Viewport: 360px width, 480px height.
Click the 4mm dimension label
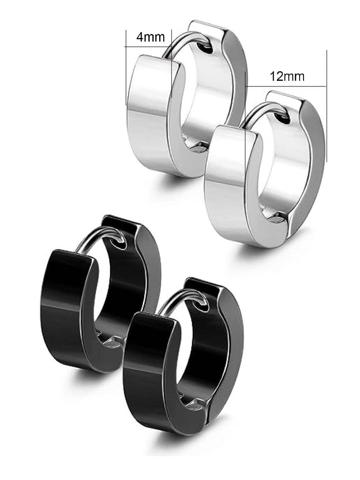pos(150,37)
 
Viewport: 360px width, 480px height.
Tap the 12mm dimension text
pos(287,76)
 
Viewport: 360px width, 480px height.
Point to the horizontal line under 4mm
pos(148,46)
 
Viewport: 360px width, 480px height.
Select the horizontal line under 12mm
pos(286,86)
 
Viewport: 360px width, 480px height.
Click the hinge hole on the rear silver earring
pos(206,48)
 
